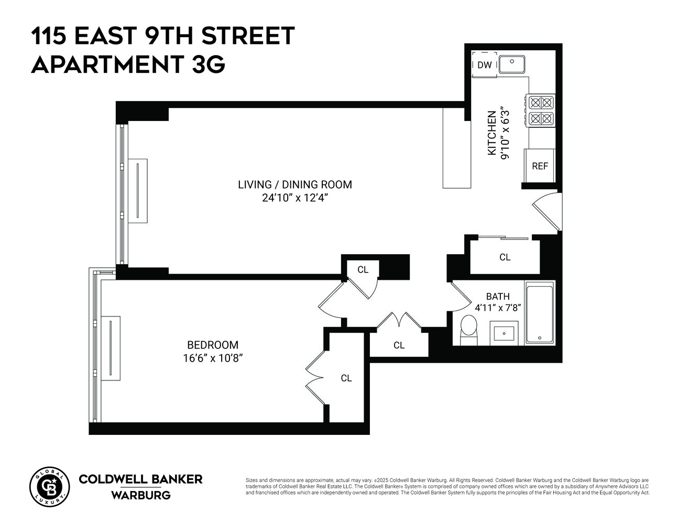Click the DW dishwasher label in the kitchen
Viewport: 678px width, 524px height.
coord(485,65)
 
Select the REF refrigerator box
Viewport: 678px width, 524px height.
coord(540,166)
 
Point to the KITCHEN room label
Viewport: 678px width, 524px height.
coord(491,133)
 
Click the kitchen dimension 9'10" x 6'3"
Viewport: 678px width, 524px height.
coord(505,133)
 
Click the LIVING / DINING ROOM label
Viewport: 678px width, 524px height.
coord(294,184)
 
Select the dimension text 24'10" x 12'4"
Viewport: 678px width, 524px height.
coord(294,198)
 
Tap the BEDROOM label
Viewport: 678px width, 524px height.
coord(213,345)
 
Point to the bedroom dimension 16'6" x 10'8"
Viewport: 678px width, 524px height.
coord(213,358)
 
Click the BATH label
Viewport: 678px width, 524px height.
coord(497,297)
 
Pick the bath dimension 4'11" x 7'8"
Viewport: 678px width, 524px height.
coord(497,308)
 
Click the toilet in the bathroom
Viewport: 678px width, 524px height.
coord(468,330)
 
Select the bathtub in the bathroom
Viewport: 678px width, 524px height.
coord(539,313)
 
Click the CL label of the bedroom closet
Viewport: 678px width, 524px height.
coord(346,378)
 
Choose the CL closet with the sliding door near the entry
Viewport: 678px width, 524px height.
coord(505,257)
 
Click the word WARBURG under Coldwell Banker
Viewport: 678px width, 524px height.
coord(140,495)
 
